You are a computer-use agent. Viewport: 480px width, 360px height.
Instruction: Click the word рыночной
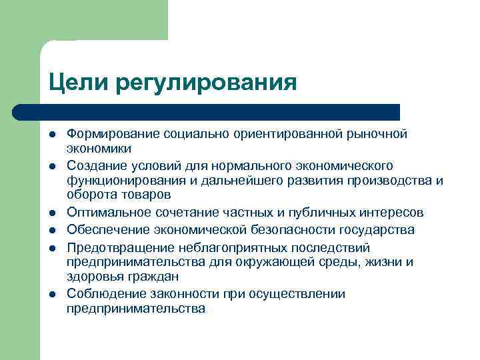[377, 134]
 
